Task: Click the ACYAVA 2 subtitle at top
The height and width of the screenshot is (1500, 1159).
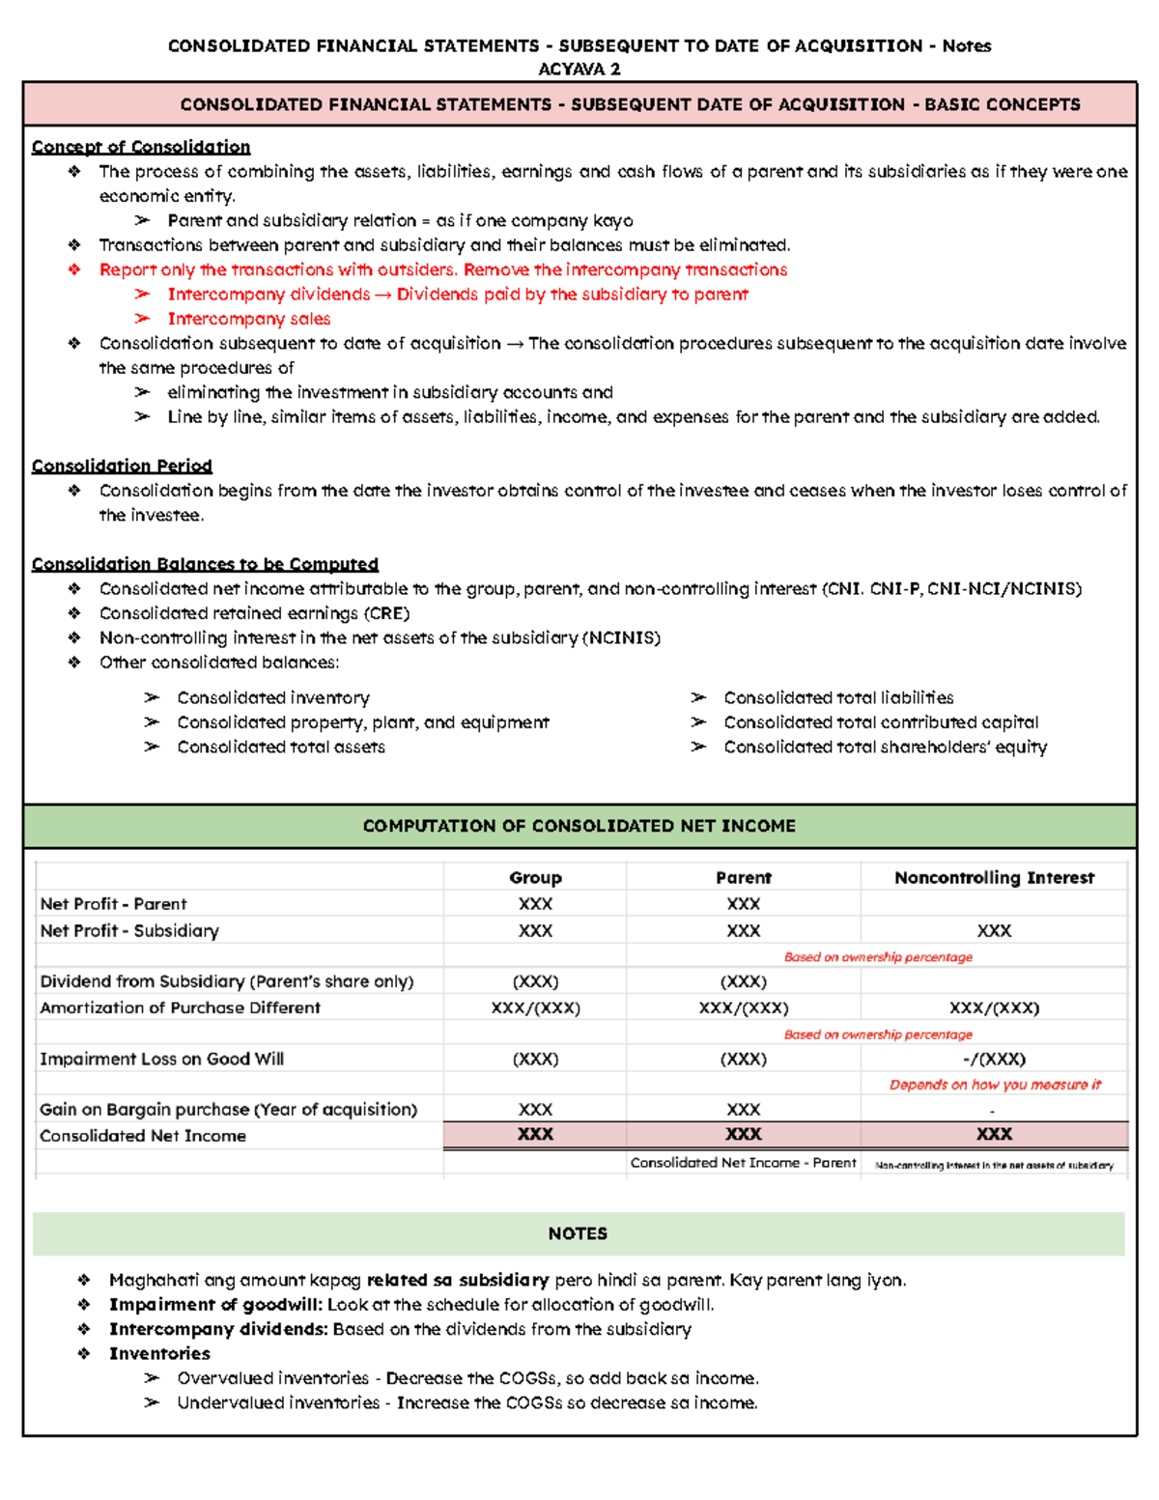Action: tap(579, 69)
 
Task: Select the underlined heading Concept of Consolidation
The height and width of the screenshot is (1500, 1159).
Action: tap(141, 147)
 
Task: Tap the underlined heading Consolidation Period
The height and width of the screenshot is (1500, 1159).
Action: tap(122, 466)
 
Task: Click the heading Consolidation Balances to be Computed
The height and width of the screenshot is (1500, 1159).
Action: tap(205, 564)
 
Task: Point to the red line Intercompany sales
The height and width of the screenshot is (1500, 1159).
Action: tap(249, 319)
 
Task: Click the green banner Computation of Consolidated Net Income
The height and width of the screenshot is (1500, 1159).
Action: tap(579, 826)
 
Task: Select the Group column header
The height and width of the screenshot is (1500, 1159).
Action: tap(535, 877)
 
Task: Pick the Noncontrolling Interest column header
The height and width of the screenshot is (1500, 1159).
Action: tap(994, 877)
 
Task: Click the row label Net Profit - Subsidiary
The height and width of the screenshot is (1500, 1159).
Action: tap(129, 931)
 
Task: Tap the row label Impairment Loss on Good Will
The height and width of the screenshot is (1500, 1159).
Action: tap(161, 1059)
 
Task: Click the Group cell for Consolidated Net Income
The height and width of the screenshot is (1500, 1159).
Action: tap(535, 1134)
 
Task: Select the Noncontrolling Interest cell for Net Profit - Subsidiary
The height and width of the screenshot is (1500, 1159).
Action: tap(994, 931)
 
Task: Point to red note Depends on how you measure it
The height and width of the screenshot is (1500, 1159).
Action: tap(995, 1085)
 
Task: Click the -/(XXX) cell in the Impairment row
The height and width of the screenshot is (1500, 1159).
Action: tap(994, 1059)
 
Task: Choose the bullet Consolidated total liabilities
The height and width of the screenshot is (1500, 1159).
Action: tap(838, 697)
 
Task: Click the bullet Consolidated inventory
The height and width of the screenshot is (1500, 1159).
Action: tap(273, 697)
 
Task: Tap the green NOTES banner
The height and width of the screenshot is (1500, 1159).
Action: tap(578, 1233)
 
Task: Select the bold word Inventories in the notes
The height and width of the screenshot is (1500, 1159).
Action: tap(159, 1353)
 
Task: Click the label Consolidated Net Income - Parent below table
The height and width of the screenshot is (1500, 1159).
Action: tap(743, 1163)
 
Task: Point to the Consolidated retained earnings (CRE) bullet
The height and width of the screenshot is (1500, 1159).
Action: tap(254, 613)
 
